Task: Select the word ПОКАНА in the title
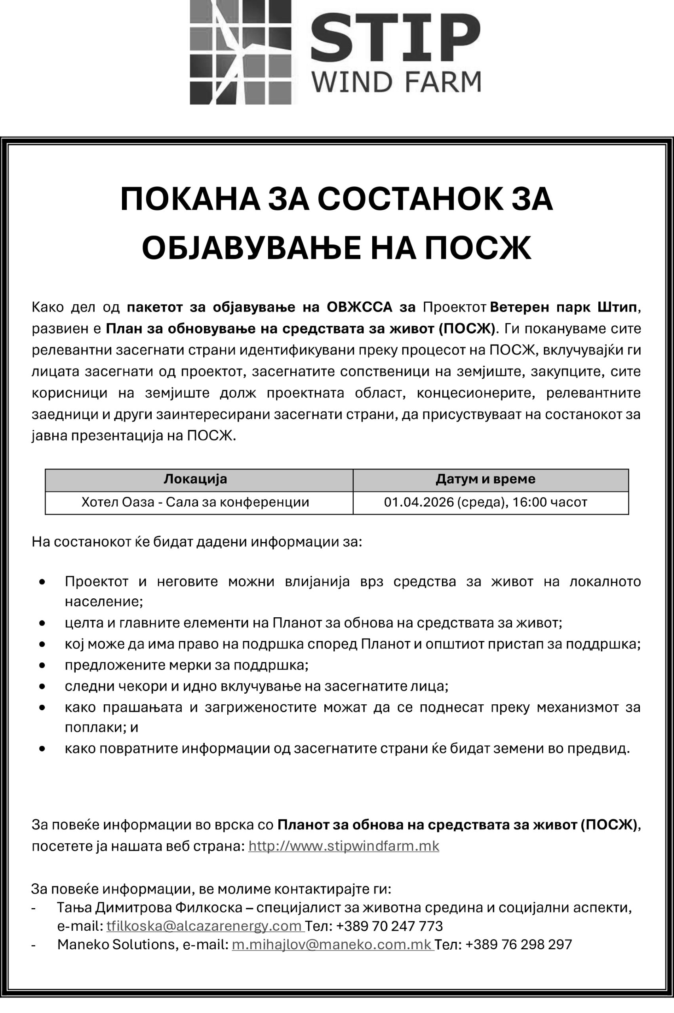[190, 199]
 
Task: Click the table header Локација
[195, 479]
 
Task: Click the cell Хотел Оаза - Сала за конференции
[195, 502]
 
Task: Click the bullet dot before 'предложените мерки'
[42, 665]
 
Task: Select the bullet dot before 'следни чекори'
[42, 686]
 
